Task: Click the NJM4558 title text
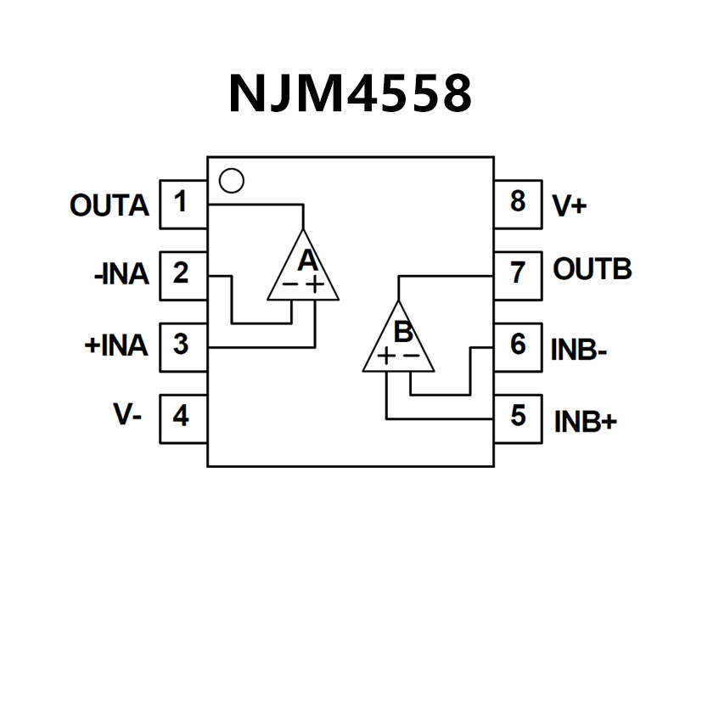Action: tap(350, 93)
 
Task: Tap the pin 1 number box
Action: tap(183, 204)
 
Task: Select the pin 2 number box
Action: tap(183, 275)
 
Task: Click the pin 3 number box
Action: tap(183, 346)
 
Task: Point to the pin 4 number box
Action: tap(183, 418)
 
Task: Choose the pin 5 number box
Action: tap(518, 418)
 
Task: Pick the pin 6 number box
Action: tap(518, 346)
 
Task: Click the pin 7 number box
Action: tap(518, 275)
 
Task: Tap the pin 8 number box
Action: tap(518, 204)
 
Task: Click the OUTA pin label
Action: tap(110, 205)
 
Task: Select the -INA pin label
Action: tap(121, 275)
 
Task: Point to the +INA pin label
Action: tap(116, 346)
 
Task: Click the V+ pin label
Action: tap(569, 206)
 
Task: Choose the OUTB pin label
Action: tap(592, 270)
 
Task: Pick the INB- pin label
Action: tap(578, 350)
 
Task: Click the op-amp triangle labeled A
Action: tap(303, 270)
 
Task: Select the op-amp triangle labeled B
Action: tap(399, 341)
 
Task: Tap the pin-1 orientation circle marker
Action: tap(231, 181)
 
